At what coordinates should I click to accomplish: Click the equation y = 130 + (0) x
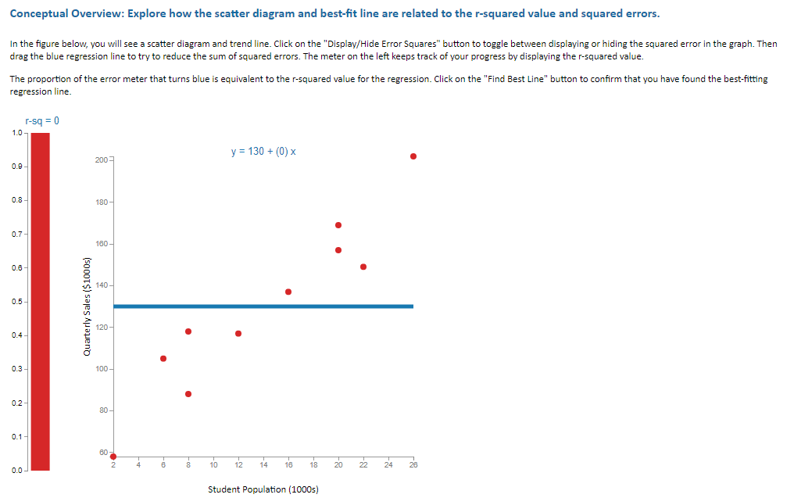tap(263, 151)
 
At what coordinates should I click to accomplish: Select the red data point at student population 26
tap(413, 156)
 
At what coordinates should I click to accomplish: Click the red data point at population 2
tap(113, 457)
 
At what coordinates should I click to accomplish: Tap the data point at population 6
tap(163, 359)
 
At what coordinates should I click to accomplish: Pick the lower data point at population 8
tap(188, 394)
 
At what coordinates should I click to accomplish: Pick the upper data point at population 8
tap(188, 331)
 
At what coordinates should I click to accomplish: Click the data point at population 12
tap(238, 334)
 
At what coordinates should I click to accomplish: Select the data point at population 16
tap(288, 292)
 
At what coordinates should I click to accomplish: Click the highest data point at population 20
tap(338, 225)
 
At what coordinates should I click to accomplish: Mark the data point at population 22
tap(363, 267)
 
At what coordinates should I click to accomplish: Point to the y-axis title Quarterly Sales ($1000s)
tap(88, 306)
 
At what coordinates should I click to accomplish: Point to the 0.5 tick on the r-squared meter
tap(16, 302)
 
